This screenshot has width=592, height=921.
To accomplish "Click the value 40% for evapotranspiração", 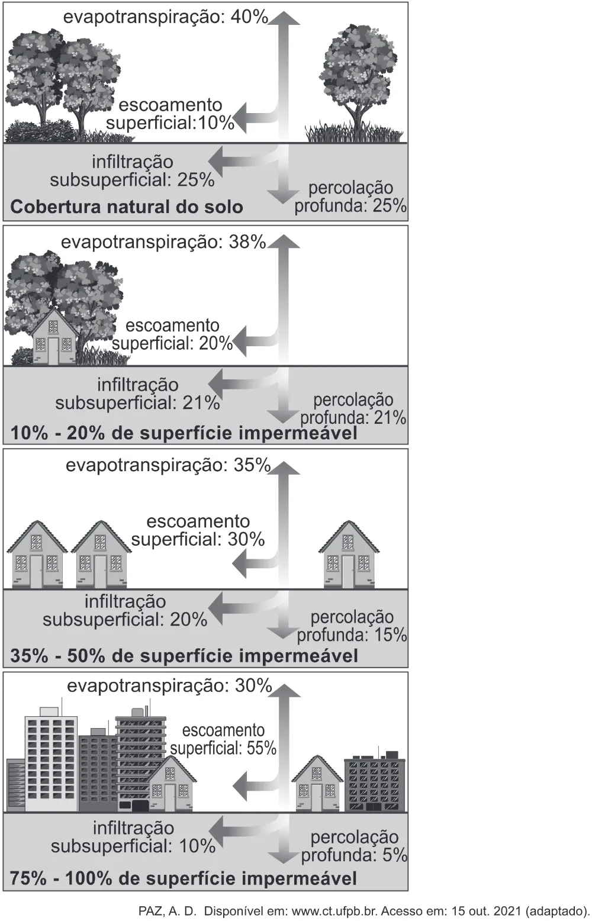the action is click(x=249, y=17).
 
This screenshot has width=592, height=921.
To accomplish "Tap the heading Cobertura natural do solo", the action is click(x=127, y=207).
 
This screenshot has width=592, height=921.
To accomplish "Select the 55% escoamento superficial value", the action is click(x=262, y=748).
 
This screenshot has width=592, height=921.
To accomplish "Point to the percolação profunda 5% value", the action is click(x=395, y=855).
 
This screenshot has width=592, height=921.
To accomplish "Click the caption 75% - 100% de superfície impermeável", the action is click(x=184, y=878).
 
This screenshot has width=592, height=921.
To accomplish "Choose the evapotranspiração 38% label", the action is click(x=163, y=241).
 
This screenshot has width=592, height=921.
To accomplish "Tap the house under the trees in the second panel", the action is click(x=54, y=337).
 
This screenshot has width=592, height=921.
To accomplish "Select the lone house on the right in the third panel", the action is click(x=349, y=555).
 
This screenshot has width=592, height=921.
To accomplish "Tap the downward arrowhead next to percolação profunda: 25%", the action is click(x=283, y=197).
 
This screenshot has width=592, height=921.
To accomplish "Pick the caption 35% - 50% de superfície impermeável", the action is click(x=184, y=656).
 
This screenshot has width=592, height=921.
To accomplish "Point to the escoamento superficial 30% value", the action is click(x=246, y=539).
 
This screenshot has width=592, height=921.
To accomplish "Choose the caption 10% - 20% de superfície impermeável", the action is click(x=184, y=433).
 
